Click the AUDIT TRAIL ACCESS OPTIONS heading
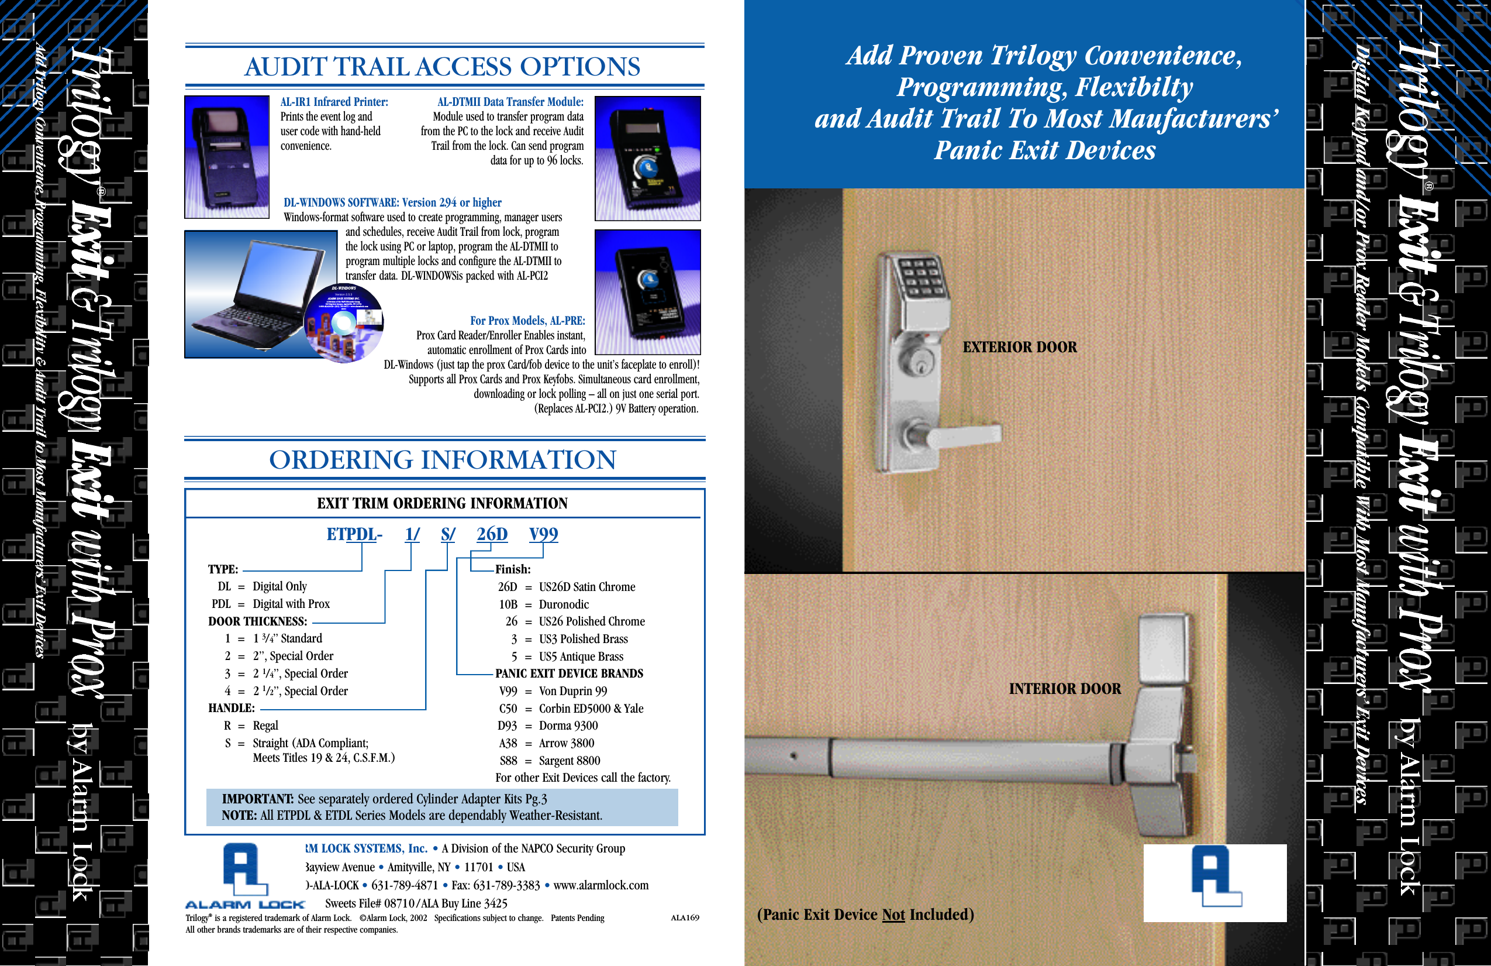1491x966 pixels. coord(442,67)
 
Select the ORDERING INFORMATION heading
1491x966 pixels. coord(442,460)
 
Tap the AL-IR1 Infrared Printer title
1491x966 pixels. coord(334,102)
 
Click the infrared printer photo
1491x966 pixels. coord(227,157)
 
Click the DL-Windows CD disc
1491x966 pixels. coord(343,324)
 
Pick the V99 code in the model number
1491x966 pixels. coord(543,534)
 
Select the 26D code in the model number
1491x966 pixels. coord(492,534)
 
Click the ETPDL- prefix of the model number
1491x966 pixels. coord(354,534)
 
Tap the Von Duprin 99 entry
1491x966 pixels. coord(572,691)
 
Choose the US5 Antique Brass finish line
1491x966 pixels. coord(581,656)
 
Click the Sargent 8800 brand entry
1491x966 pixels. coord(569,761)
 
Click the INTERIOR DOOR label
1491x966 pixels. coord(1064,689)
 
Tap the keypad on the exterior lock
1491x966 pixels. coord(920,278)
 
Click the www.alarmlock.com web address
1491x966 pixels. coord(600,885)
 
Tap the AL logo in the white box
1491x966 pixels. coord(1214,877)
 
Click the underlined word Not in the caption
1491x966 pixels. coord(893,915)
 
